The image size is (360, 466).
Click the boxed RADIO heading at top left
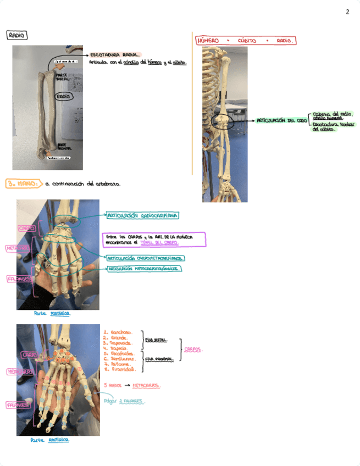tap(17, 35)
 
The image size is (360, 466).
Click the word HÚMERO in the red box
tap(208, 41)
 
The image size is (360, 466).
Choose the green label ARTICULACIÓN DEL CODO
tap(281, 120)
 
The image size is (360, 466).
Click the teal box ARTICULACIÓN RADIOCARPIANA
tap(141, 216)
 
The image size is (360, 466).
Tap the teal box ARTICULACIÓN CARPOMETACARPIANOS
tap(145, 258)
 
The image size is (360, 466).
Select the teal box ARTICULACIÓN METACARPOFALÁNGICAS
tap(145, 269)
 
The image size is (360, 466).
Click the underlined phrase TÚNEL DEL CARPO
tap(159, 242)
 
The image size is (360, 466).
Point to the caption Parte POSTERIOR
tap(52, 313)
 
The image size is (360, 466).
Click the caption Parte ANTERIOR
tap(49, 440)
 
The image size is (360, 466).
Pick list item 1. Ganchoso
tap(118, 332)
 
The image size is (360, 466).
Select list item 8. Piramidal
tap(118, 370)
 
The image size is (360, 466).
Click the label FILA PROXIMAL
tap(159, 359)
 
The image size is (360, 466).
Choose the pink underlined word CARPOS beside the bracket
tap(193, 348)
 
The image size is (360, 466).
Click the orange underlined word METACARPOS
tap(146, 385)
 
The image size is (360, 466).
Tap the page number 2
tap(347, 12)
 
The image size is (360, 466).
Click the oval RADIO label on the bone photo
tap(64, 96)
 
